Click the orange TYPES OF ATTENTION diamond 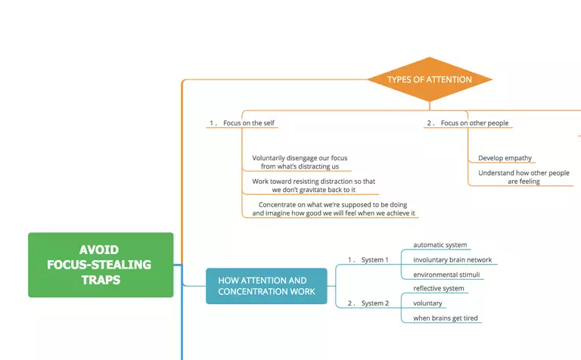click(429, 79)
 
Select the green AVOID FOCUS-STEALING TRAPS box click(101, 265)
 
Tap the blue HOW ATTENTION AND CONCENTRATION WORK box click(266, 286)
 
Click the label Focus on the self click(243, 123)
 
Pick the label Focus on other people click(475, 123)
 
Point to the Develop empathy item click(505, 158)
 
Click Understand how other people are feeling click(524, 177)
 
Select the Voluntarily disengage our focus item click(300, 162)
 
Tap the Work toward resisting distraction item click(313, 185)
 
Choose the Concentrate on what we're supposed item click(334, 209)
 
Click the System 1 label click(374, 260)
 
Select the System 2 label click(374, 303)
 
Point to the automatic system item click(440, 245)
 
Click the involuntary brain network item click(452, 260)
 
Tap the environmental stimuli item click(448, 275)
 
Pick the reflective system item click(439, 288)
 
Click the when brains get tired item click(446, 318)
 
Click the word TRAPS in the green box click(101, 280)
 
